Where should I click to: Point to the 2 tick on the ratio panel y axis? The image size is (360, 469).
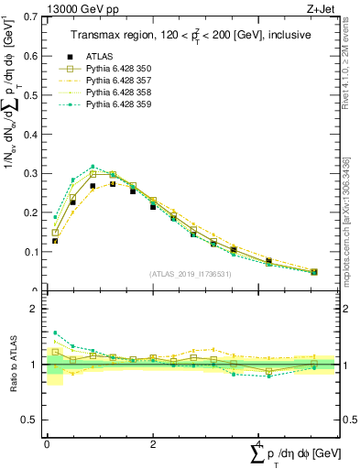point(30,310)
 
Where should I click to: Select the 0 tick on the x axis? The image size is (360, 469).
point(47,443)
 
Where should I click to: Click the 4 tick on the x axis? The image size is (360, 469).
point(259,443)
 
